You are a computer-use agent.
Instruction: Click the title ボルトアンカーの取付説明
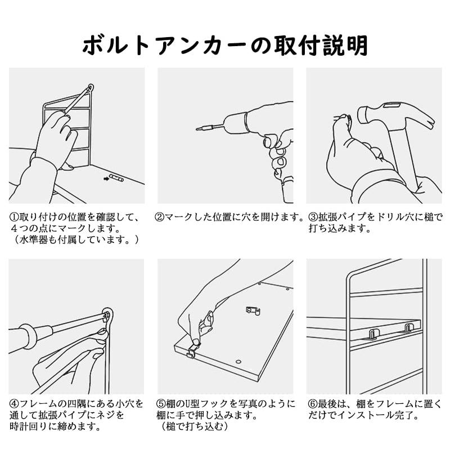pyautogui.click(x=225, y=46)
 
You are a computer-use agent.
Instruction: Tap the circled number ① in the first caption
pyautogui.click(x=14, y=217)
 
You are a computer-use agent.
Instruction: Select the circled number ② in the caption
pyautogui.click(x=160, y=217)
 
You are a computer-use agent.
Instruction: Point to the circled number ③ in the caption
pyautogui.click(x=313, y=217)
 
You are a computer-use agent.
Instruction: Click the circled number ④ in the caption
pyautogui.click(x=14, y=404)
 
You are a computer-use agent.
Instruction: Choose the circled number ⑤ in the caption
pyautogui.click(x=161, y=404)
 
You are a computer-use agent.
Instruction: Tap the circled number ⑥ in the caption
pyautogui.click(x=313, y=404)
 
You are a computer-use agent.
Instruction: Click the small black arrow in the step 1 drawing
pyautogui.click(x=106, y=179)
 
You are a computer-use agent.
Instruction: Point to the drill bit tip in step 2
pyautogui.click(x=197, y=129)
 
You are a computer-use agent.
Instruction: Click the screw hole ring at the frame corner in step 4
pyautogui.click(x=107, y=315)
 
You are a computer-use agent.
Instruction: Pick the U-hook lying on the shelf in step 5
pyautogui.click(x=253, y=311)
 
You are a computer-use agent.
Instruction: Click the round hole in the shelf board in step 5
pyautogui.click(x=238, y=362)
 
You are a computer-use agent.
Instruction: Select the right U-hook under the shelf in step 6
pyautogui.click(x=408, y=328)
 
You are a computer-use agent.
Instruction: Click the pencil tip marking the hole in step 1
pyautogui.click(x=91, y=87)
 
